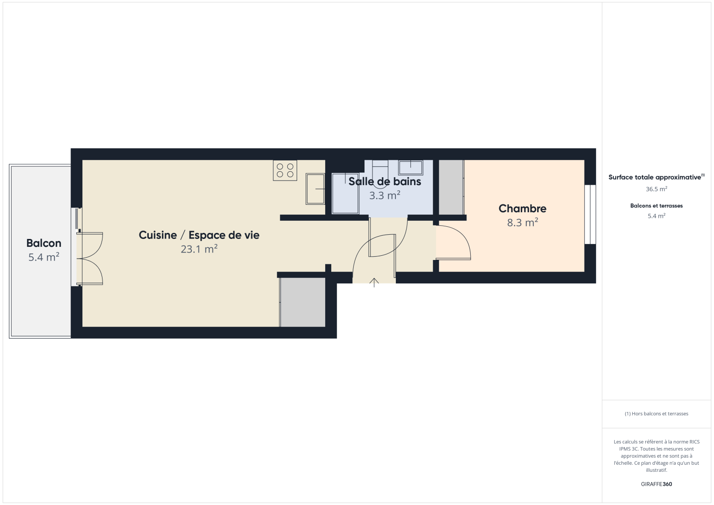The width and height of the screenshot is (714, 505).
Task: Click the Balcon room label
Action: tap(44, 243)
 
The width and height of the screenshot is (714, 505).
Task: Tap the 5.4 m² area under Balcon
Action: tap(44, 257)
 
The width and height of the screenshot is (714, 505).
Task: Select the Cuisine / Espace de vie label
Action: tap(199, 235)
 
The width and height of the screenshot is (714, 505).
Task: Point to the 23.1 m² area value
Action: tap(199, 249)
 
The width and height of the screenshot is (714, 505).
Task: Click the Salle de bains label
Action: tap(385, 181)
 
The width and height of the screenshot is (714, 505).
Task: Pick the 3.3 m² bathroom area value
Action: tap(385, 195)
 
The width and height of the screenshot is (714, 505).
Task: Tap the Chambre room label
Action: tap(523, 209)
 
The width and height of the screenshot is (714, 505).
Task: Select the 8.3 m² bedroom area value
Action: tap(523, 222)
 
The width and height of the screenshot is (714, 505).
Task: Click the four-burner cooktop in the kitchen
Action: tap(285, 171)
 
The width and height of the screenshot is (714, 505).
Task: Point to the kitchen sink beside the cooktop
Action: tap(315, 188)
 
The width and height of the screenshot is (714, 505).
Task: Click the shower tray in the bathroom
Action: tap(345, 194)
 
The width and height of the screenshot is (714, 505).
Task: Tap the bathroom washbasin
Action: tap(410, 167)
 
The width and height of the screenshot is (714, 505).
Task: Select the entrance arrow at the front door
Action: tap(374, 282)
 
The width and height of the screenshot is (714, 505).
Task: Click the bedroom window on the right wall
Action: tap(590, 215)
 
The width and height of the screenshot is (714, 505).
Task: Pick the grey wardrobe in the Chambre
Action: tap(451, 187)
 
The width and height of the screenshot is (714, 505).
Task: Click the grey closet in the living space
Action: tap(302, 302)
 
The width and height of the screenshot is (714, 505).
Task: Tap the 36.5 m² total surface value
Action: tap(656, 189)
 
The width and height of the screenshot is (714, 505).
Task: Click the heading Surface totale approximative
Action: tap(655, 177)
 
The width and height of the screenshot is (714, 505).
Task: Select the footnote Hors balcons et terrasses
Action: tap(656, 413)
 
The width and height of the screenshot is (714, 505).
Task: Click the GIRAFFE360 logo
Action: tap(656, 484)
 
